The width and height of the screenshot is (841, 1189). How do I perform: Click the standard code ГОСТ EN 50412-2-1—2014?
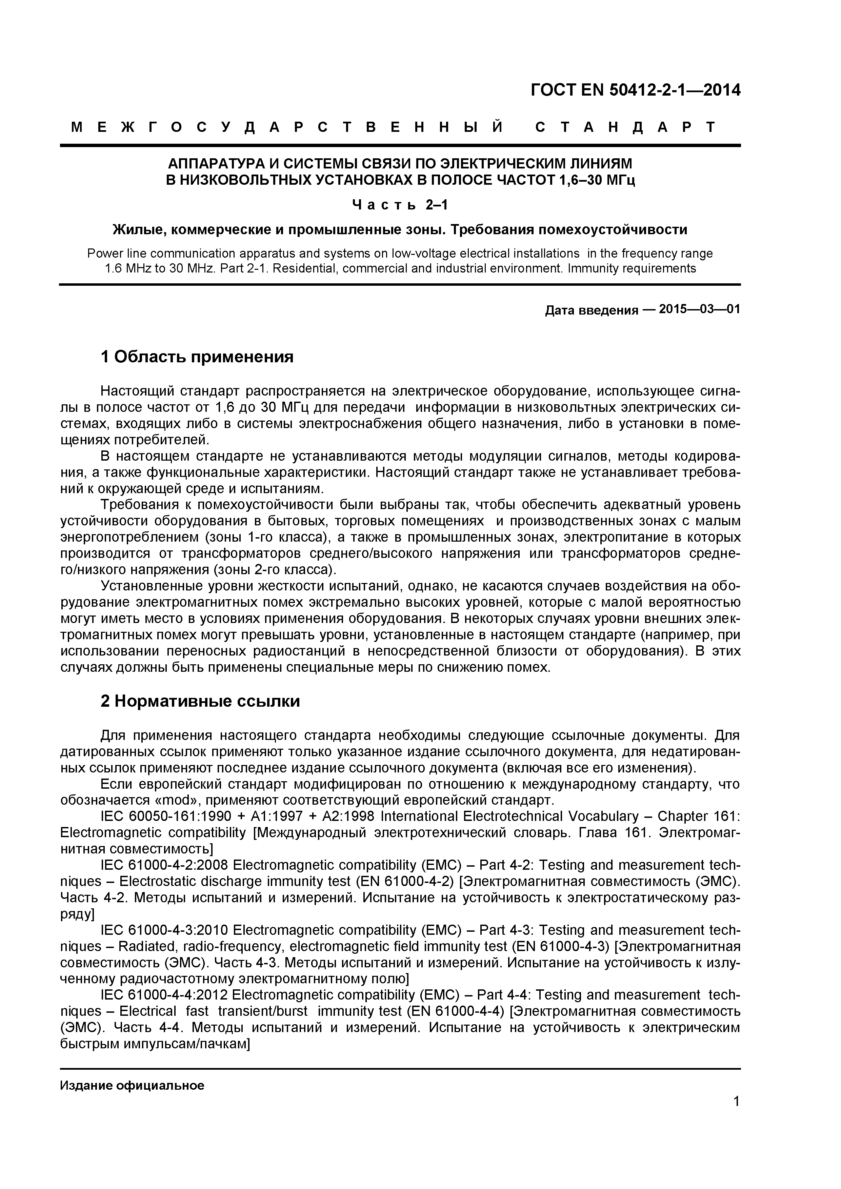[635, 90]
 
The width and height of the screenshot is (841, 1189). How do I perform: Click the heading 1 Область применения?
[197, 357]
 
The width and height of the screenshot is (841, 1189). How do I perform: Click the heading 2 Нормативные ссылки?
[200, 701]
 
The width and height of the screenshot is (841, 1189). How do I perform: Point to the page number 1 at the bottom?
[736, 1115]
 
